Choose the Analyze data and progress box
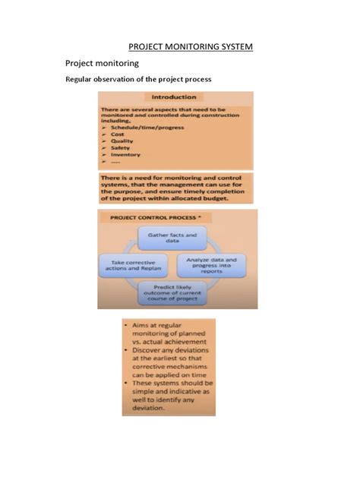216,264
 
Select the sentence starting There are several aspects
175,113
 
